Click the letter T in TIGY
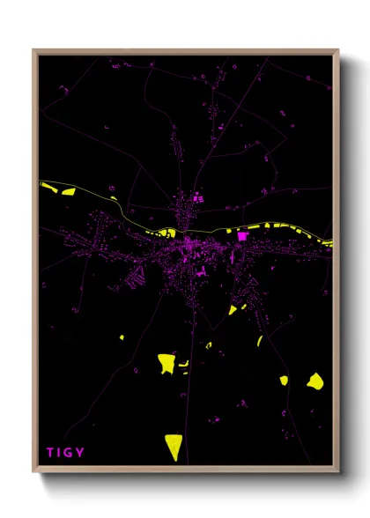pyautogui.click(x=50, y=453)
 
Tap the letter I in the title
pyautogui.click(x=60, y=453)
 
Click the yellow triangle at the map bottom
pyautogui.click(x=174, y=445)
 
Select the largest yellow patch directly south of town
pyautogui.click(x=166, y=363)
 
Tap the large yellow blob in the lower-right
pyautogui.click(x=314, y=381)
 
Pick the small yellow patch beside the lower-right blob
pyautogui.click(x=284, y=381)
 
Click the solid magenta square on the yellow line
pyautogui.click(x=243, y=236)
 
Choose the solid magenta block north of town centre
pyautogui.click(x=197, y=198)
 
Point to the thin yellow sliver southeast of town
pyautogui.click(x=260, y=340)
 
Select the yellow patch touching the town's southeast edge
pyautogui.click(x=233, y=309)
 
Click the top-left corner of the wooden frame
pyautogui.click(x=34, y=51)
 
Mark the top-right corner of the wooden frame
pyautogui.click(x=337, y=51)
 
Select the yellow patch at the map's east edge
pyautogui.click(x=328, y=242)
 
